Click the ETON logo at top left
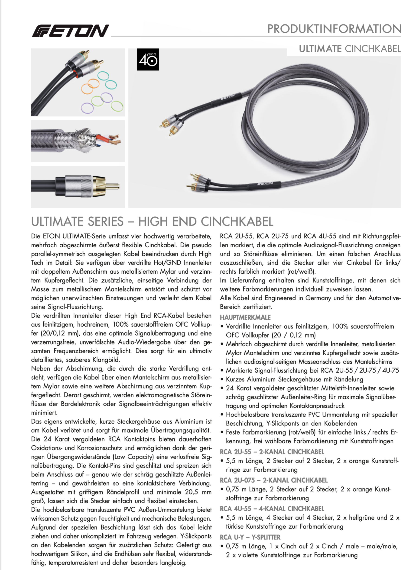(70, 31)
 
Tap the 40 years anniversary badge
(148, 60)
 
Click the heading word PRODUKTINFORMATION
(334, 29)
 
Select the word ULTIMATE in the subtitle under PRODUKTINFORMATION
(320, 49)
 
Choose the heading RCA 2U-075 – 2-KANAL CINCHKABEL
(274, 480)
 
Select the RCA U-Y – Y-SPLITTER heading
(250, 537)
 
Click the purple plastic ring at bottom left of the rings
(87, 108)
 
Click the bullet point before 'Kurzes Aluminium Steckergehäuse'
(222, 380)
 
